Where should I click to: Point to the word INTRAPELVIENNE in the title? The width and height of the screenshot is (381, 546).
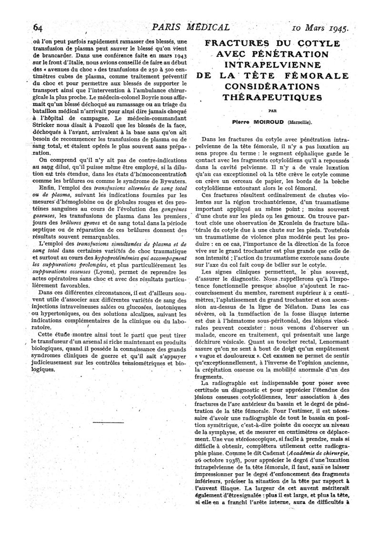click(x=273, y=65)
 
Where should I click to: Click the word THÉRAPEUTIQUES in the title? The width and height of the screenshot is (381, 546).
click(x=273, y=97)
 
